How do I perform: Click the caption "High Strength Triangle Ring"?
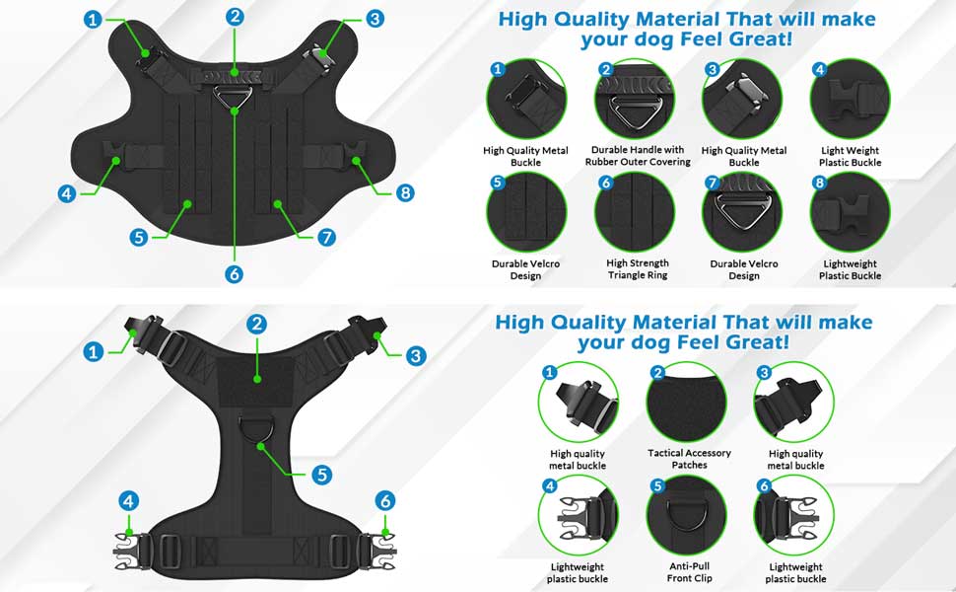click(637, 269)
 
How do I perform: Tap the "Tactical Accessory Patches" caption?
click(690, 459)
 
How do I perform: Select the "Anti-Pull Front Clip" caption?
click(690, 572)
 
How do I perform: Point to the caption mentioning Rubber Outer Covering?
click(636, 156)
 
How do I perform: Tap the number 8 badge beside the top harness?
click(404, 192)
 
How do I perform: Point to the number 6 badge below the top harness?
click(234, 274)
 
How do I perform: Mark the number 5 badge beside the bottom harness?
click(321, 475)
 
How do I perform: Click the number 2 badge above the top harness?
click(234, 17)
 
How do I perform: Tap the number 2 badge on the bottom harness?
click(257, 324)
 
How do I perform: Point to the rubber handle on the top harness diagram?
click(234, 73)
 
